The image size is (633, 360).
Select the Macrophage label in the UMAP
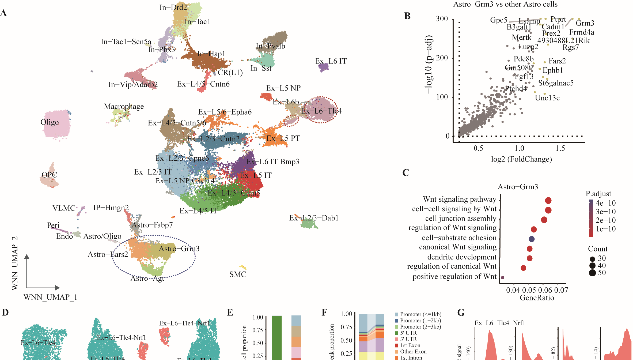click(x=124, y=107)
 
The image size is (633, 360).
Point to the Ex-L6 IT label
click(x=331, y=61)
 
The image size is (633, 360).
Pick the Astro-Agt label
click(x=148, y=278)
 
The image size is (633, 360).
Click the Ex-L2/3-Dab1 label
click(x=314, y=218)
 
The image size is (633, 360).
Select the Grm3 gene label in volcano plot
click(x=585, y=23)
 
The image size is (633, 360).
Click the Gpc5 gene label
click(x=499, y=20)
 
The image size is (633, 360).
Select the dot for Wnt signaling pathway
click(x=548, y=200)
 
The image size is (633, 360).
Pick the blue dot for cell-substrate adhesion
click(x=531, y=239)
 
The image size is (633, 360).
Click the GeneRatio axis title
click(x=537, y=298)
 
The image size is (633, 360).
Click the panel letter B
click(x=407, y=16)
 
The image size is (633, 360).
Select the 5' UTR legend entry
click(x=407, y=333)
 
